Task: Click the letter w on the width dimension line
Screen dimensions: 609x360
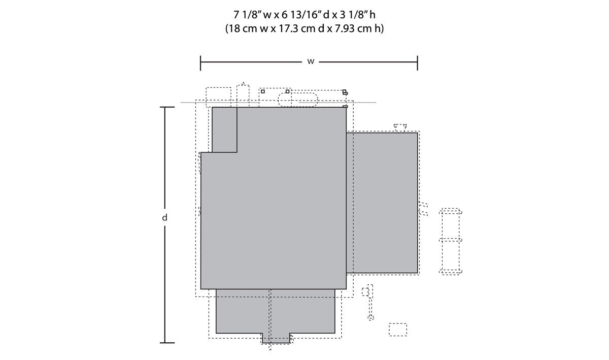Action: click(311, 62)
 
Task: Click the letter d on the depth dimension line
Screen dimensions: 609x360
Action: click(164, 218)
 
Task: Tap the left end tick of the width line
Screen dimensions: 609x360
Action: click(200, 63)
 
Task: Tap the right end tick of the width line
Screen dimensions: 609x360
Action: click(417, 63)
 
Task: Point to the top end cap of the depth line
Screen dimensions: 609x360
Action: click(167, 107)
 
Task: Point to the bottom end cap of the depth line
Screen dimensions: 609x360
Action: click(167, 343)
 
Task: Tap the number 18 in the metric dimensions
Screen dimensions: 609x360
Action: click(233, 28)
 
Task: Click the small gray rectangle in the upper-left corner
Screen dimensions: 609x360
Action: click(224, 130)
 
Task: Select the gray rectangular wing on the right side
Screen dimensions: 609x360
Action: click(382, 203)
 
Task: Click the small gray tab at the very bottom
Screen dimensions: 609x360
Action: click(276, 338)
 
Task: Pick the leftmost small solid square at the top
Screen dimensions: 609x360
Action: click(263, 91)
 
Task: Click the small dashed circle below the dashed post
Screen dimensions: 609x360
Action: click(371, 317)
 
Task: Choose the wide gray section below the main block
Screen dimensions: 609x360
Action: click(276, 311)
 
